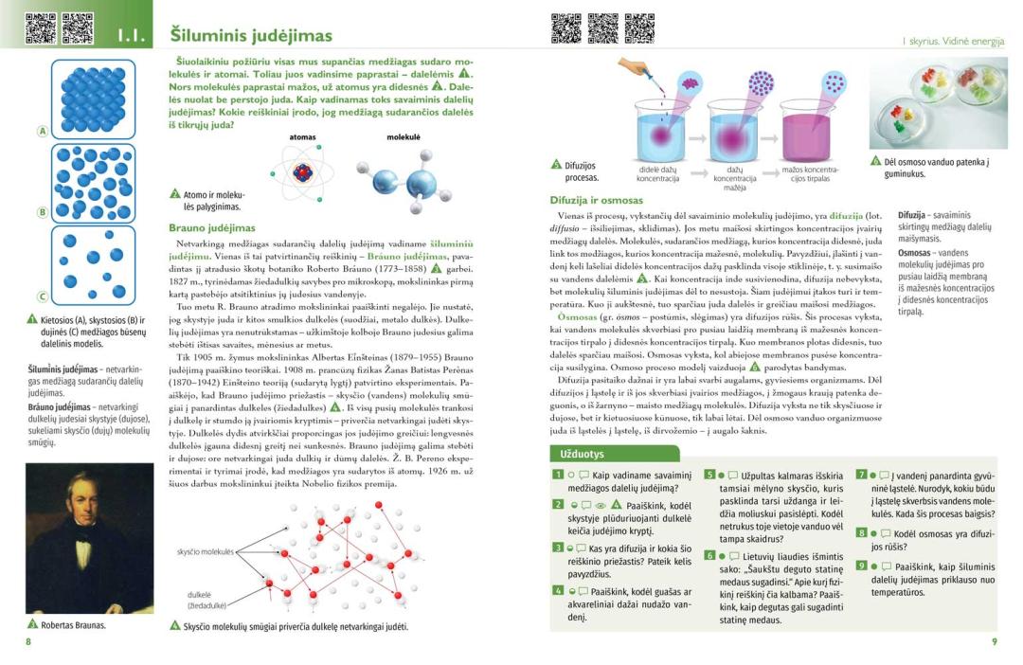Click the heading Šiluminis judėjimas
click(251, 36)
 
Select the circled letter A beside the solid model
click(42, 132)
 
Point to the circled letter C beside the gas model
click(42, 297)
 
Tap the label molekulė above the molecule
click(404, 137)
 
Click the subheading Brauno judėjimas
click(212, 228)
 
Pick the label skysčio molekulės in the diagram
click(206, 551)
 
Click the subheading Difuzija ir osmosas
click(596, 201)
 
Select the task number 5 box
click(709, 475)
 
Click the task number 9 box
click(861, 566)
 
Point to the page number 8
click(28, 642)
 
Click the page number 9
click(994, 642)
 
